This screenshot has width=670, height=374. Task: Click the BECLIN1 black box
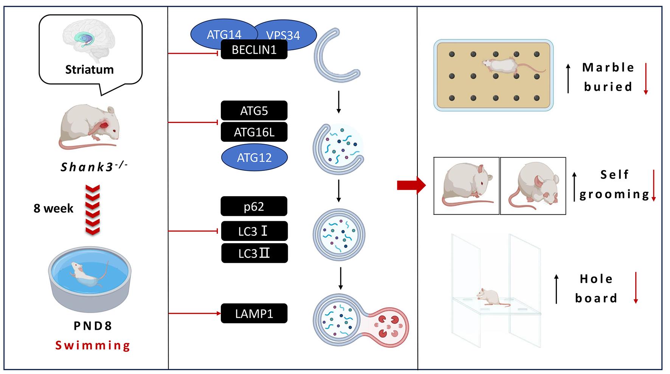point(254,50)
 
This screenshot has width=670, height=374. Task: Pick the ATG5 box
point(254,111)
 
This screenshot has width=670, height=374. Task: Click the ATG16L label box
point(254,132)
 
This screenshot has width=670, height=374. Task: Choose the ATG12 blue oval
point(254,157)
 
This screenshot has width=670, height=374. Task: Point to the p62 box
point(254,206)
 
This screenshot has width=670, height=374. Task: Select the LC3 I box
point(254,231)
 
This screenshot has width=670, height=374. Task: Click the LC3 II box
point(254,253)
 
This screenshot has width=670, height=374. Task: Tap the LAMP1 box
point(254,313)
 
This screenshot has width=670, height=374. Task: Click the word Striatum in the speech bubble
point(89,70)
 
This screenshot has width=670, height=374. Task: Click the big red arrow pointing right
point(411,185)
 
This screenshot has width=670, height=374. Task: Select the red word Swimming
point(93,345)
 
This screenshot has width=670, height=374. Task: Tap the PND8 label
point(93,326)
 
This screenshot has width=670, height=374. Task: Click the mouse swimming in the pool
point(88,275)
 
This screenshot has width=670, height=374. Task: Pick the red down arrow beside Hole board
point(636,287)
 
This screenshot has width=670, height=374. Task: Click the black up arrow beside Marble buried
point(568,78)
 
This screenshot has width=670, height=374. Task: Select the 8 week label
point(53,208)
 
